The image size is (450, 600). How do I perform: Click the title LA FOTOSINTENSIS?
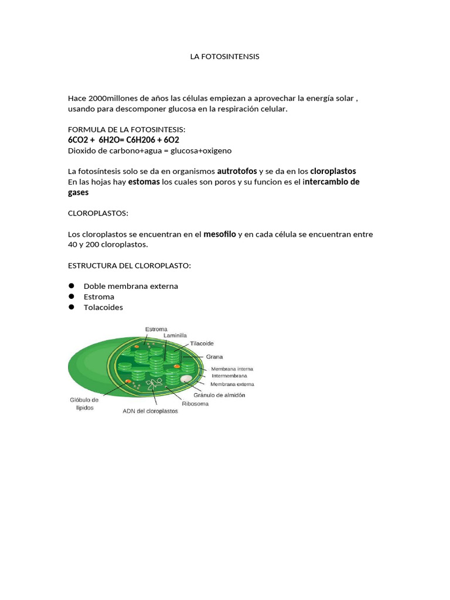click(224, 57)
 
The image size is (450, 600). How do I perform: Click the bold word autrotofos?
click(237, 171)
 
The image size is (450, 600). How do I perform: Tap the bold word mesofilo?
click(219, 234)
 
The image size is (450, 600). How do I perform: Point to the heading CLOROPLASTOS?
click(98, 213)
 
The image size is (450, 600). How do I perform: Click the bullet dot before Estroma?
click(71, 296)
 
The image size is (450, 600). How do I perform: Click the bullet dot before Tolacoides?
click(71, 307)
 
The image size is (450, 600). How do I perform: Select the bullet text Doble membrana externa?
click(131, 286)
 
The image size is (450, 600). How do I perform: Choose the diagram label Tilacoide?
click(202, 343)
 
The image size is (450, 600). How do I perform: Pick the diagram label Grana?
click(214, 356)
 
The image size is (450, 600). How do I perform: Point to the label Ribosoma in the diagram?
click(195, 404)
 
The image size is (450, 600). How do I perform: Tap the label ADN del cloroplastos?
click(150, 411)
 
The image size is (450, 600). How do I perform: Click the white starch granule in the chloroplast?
click(186, 379)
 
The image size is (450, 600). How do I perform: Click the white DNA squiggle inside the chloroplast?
click(155, 384)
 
